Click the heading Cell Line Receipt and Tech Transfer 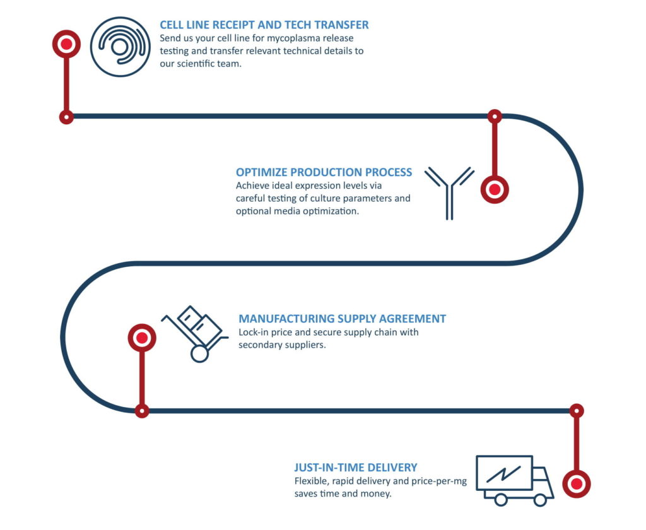click(x=264, y=25)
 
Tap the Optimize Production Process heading click(x=324, y=172)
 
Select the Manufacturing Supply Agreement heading click(x=342, y=319)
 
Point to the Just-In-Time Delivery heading click(x=356, y=468)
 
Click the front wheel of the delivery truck click(x=540, y=500)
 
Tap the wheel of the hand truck click(x=199, y=354)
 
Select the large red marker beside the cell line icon click(x=66, y=44)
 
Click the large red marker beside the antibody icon click(x=495, y=189)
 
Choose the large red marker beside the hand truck click(x=142, y=338)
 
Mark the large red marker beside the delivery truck click(x=577, y=484)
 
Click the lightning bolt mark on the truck click(x=503, y=474)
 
